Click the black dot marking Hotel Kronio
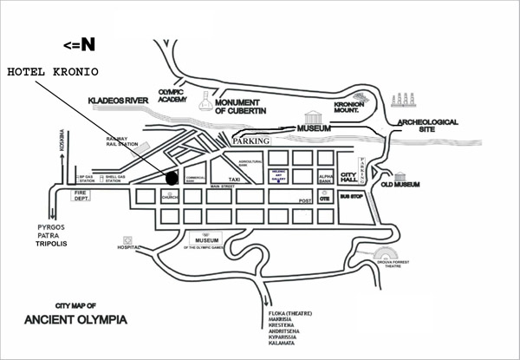172,179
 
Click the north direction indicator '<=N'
80,43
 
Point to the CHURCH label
169,197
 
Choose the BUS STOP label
350,197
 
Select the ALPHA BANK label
326,178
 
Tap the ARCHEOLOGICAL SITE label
427,127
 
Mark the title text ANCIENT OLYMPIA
76,319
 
